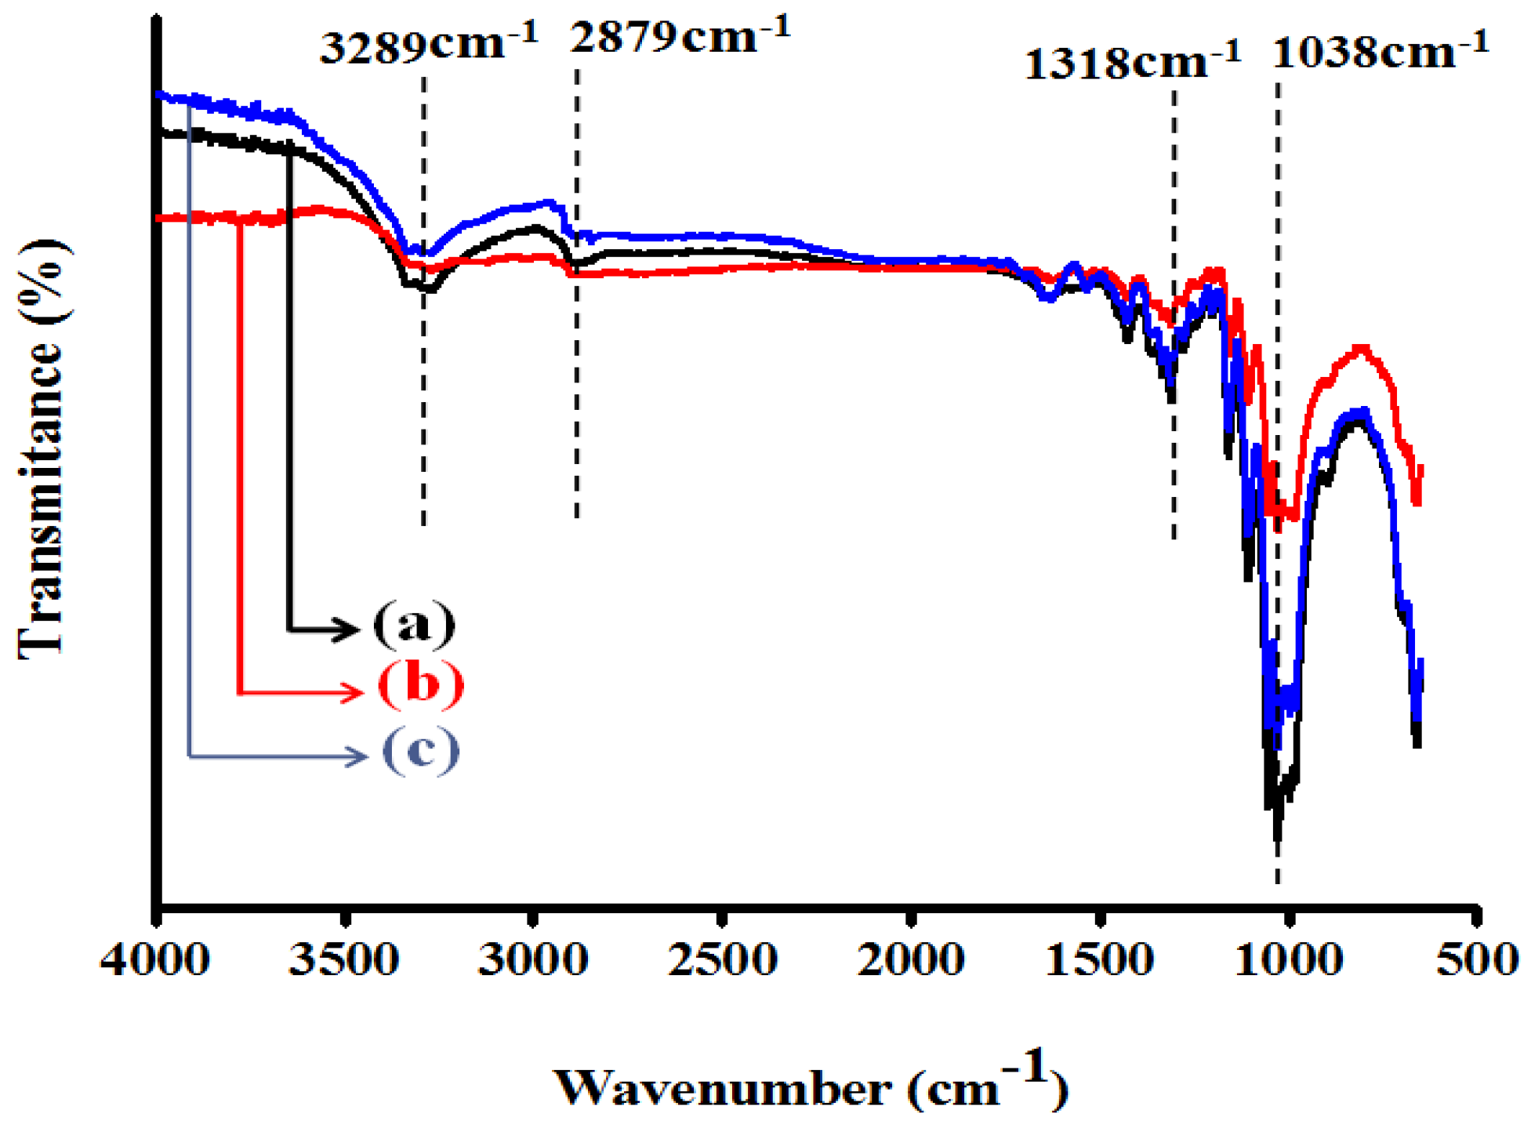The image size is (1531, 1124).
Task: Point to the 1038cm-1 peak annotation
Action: [x=1380, y=51]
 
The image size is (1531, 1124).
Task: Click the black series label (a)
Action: [x=414, y=625]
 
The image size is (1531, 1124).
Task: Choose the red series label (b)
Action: [x=420, y=684]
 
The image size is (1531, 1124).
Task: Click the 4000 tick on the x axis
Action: [x=154, y=959]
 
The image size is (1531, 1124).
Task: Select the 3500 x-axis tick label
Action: [x=344, y=959]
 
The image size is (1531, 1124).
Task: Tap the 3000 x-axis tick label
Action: [x=533, y=959]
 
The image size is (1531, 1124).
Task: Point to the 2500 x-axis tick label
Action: [x=722, y=959]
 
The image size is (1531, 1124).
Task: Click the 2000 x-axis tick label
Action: [x=911, y=959]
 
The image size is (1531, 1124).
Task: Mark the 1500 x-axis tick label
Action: [x=1099, y=959]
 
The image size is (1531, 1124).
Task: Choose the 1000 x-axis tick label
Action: [x=1288, y=959]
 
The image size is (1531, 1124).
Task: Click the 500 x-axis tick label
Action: [x=1477, y=959]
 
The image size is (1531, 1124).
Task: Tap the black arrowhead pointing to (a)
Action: [x=348, y=629]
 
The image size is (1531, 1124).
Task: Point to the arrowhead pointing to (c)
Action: [x=357, y=756]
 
